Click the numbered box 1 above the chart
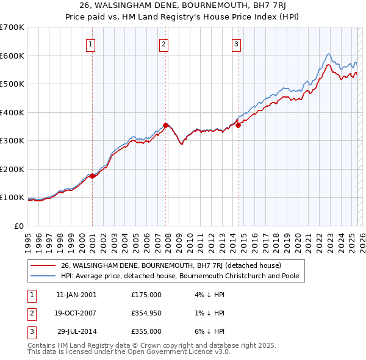[90, 43]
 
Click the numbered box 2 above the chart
[164, 43]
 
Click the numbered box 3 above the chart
[236, 43]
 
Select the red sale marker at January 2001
[92, 176]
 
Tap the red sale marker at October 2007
[165, 126]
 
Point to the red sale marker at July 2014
[239, 125]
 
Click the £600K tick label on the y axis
[12, 56]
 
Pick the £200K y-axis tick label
[12, 169]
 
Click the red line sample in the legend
[43, 266]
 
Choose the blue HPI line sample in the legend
[43, 276]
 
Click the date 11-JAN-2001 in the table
[76, 294]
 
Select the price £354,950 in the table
[146, 313]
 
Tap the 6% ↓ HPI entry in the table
[212, 331]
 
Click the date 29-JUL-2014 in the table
[77, 331]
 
